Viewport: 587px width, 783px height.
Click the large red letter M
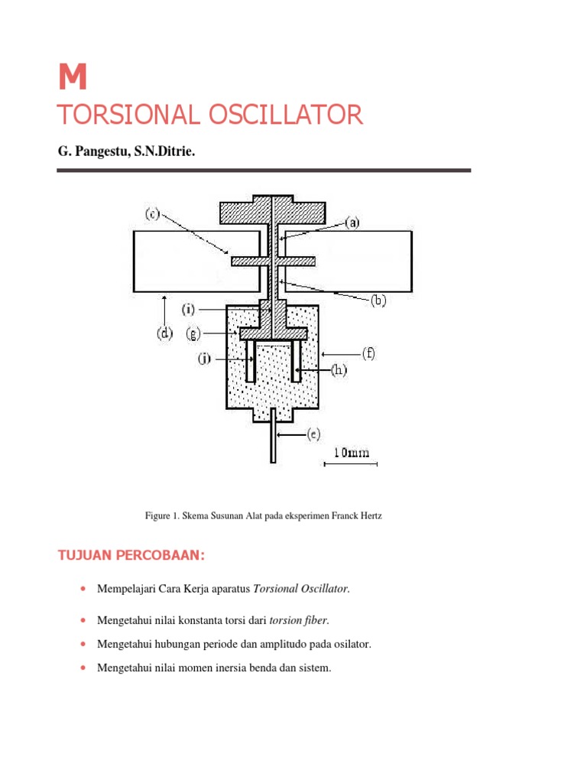73,77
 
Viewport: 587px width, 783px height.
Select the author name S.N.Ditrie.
164,153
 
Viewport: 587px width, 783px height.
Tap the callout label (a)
352,223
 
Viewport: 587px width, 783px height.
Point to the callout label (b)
378,301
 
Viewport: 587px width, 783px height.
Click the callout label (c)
153,214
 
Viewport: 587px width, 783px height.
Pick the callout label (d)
164,333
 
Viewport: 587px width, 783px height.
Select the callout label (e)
313,434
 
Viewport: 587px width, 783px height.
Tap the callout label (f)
369,354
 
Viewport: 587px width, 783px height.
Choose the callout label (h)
339,372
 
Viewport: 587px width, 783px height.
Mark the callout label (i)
189,310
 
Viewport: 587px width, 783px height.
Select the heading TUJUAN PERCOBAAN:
131,555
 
